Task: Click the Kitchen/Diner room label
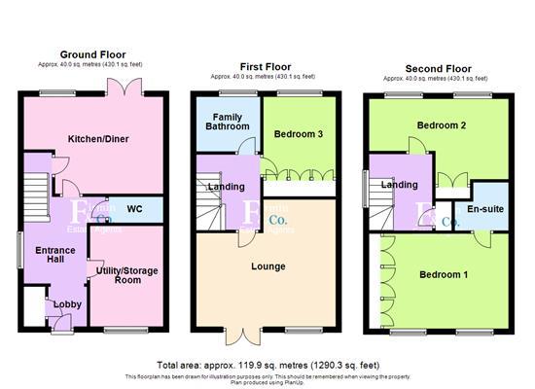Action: point(93,139)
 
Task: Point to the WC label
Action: point(134,208)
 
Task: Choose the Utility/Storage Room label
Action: point(127,274)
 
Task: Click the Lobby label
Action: point(67,303)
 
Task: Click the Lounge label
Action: point(267,265)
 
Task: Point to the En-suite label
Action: point(483,209)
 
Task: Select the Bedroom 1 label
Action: point(444,274)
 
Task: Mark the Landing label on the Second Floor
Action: point(399,185)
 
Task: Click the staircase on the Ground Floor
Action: point(35,184)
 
